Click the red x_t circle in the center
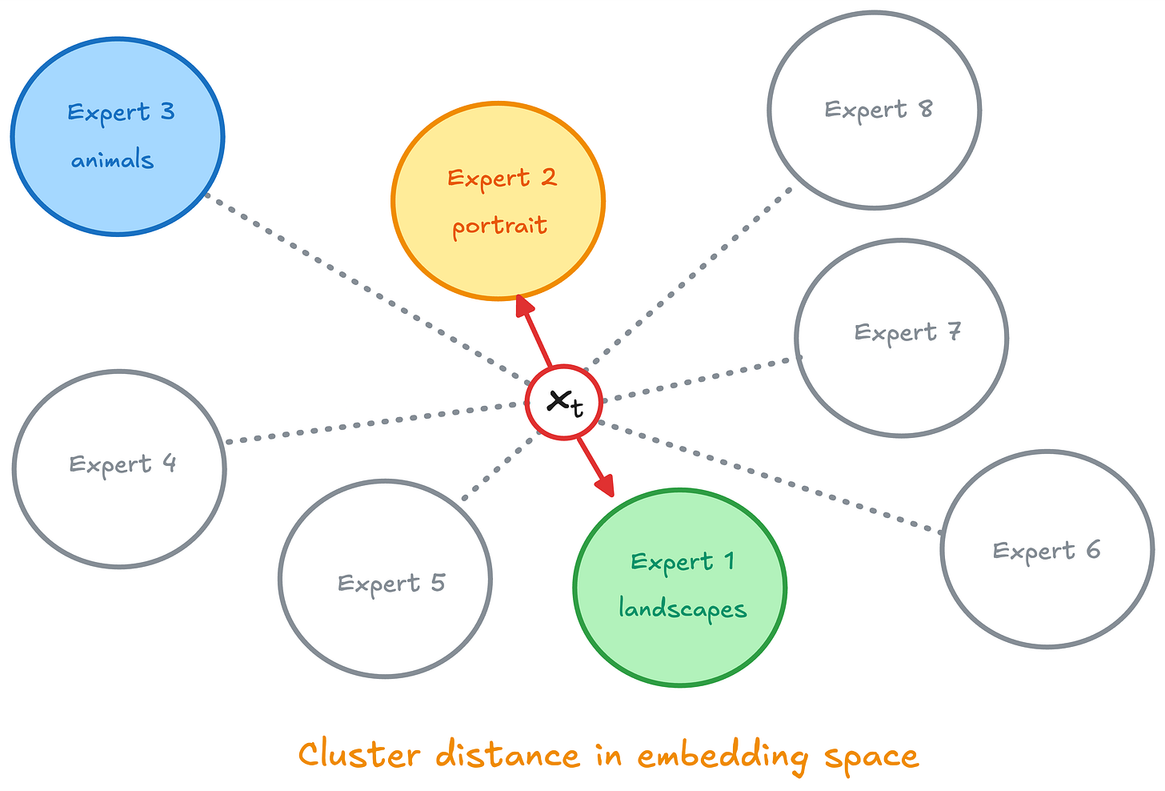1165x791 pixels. tap(564, 403)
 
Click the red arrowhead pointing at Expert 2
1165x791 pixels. tap(525, 307)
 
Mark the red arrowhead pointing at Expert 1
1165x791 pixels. tap(606, 485)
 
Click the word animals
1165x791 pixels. tap(112, 160)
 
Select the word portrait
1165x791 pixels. tap(499, 227)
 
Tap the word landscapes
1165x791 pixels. tap(683, 609)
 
